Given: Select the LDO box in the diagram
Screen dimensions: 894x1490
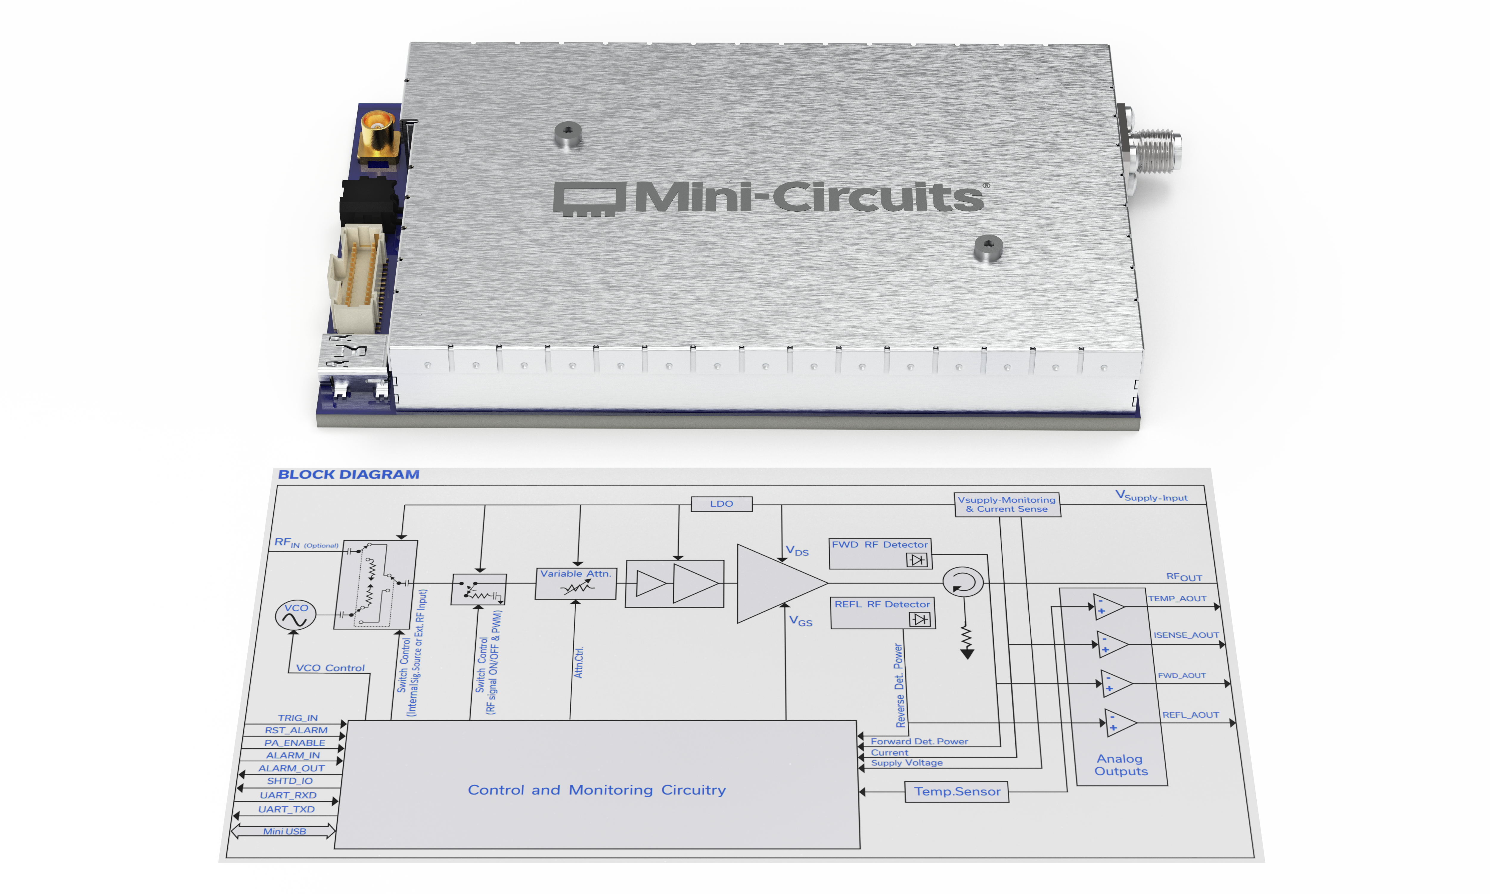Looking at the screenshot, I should point(721,504).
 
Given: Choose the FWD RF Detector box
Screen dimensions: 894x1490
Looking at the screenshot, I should point(880,553).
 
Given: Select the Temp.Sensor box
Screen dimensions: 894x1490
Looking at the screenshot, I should point(957,791).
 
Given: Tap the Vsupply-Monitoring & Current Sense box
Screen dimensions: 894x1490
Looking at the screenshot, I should point(1007,504).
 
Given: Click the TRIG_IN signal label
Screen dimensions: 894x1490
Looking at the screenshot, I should point(297,718).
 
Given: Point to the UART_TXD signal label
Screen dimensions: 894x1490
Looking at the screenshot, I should point(287,809).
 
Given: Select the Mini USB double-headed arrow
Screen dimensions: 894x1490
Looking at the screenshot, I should point(283,831).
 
